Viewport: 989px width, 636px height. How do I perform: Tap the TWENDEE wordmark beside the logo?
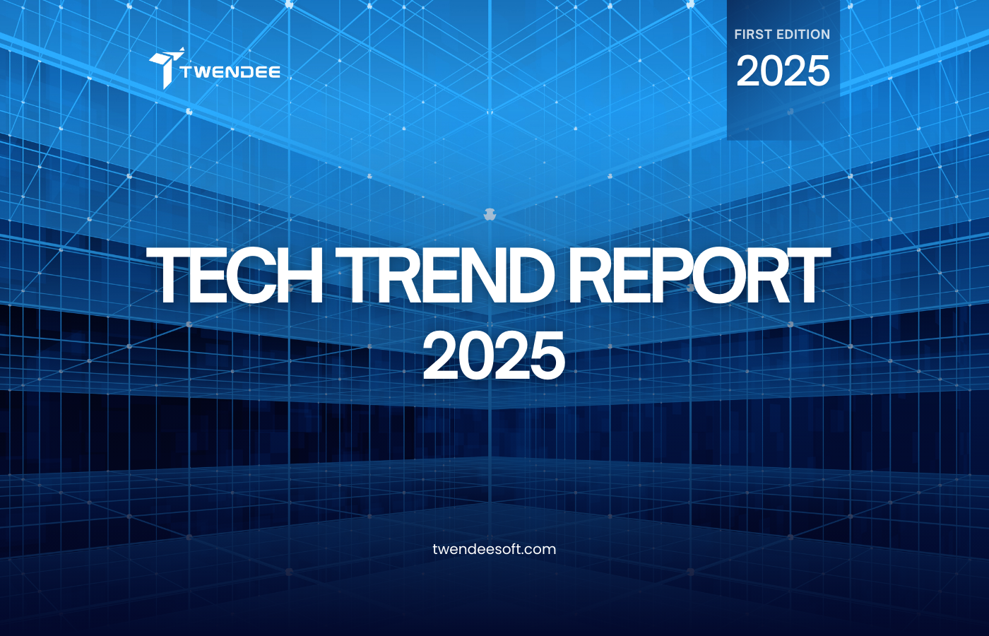click(230, 71)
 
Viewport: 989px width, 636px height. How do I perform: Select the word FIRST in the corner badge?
click(752, 34)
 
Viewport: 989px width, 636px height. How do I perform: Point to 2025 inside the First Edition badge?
click(783, 71)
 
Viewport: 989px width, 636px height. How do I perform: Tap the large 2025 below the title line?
click(494, 355)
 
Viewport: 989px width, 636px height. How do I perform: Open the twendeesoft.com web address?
click(494, 549)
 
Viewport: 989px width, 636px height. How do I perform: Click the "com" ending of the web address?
click(540, 549)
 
